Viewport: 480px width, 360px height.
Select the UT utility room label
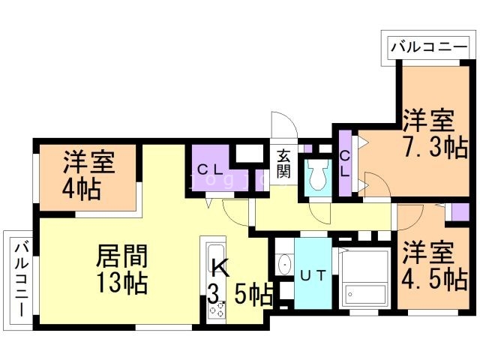pos(313,275)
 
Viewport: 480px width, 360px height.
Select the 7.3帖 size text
pos(434,144)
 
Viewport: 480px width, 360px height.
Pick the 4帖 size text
pos(83,188)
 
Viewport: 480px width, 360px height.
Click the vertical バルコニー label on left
pos(21,279)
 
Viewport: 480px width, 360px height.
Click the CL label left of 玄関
pos(208,169)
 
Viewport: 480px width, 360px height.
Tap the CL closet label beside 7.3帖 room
pos(345,163)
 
